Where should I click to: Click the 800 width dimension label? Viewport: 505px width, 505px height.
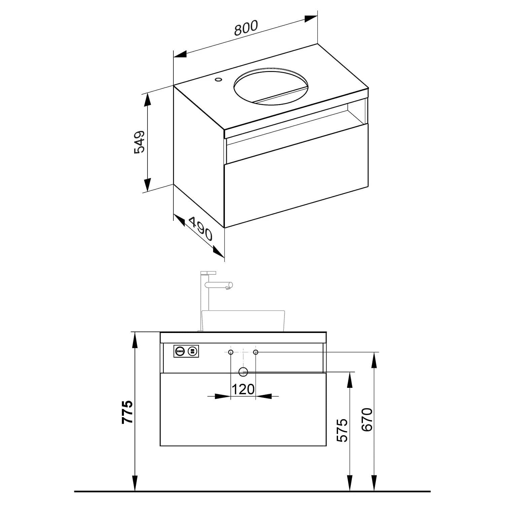tap(246, 28)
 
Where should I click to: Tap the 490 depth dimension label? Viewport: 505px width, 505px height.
tap(201, 229)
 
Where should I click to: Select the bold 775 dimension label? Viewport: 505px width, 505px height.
tap(128, 412)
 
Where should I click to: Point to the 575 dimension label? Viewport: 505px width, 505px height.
tap(342, 430)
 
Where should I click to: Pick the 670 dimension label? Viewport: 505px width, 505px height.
tap(367, 419)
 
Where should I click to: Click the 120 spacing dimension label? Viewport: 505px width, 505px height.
tap(243, 389)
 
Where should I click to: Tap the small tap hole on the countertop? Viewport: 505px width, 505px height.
tap(218, 80)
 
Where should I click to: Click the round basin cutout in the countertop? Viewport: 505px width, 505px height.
tap(271, 87)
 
